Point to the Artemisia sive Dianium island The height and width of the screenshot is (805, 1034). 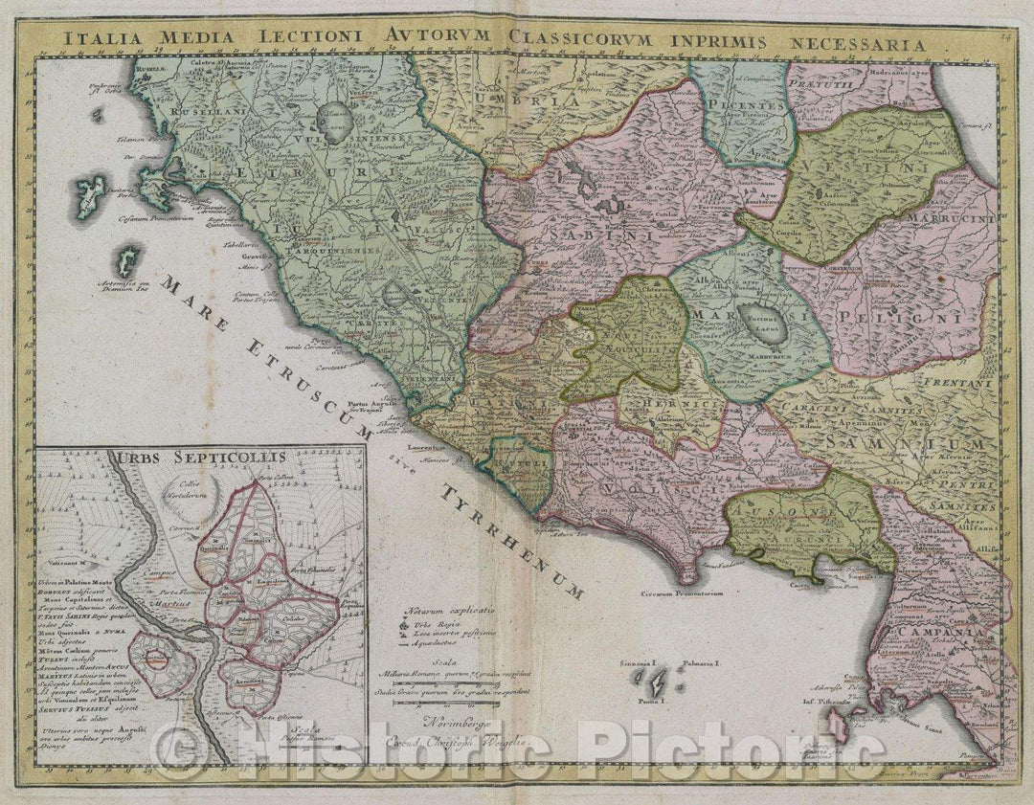point(125,259)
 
